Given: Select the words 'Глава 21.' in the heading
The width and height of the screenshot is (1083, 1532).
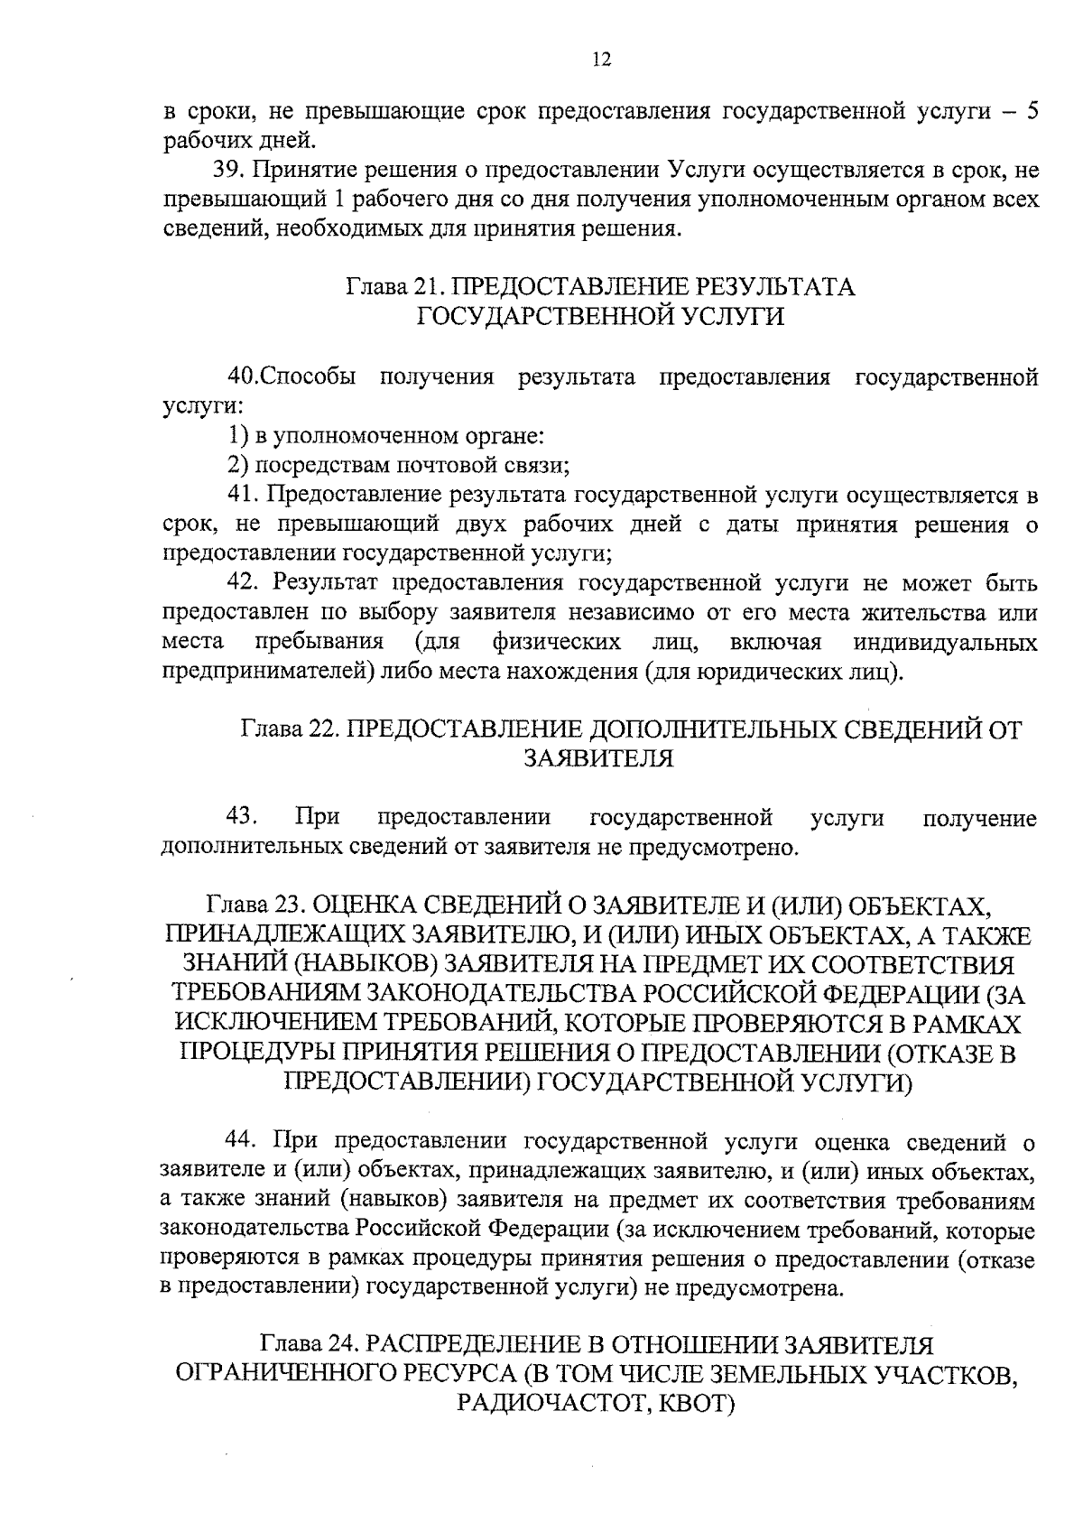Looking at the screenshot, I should (x=395, y=287).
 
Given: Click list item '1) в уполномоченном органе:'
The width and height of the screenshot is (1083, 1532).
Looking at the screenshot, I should (x=384, y=436).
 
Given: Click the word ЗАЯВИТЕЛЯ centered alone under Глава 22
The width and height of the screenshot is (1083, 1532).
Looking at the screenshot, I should (x=599, y=758).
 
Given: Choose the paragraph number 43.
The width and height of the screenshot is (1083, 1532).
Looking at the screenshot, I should (x=243, y=818).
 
